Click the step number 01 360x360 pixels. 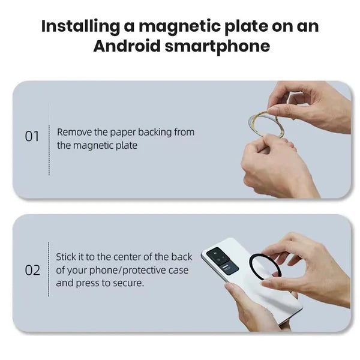tap(32, 137)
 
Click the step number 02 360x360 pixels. tap(32, 270)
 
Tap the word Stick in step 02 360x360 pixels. tap(67, 257)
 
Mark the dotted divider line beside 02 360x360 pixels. tap(49, 270)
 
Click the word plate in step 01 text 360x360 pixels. tap(127, 145)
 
